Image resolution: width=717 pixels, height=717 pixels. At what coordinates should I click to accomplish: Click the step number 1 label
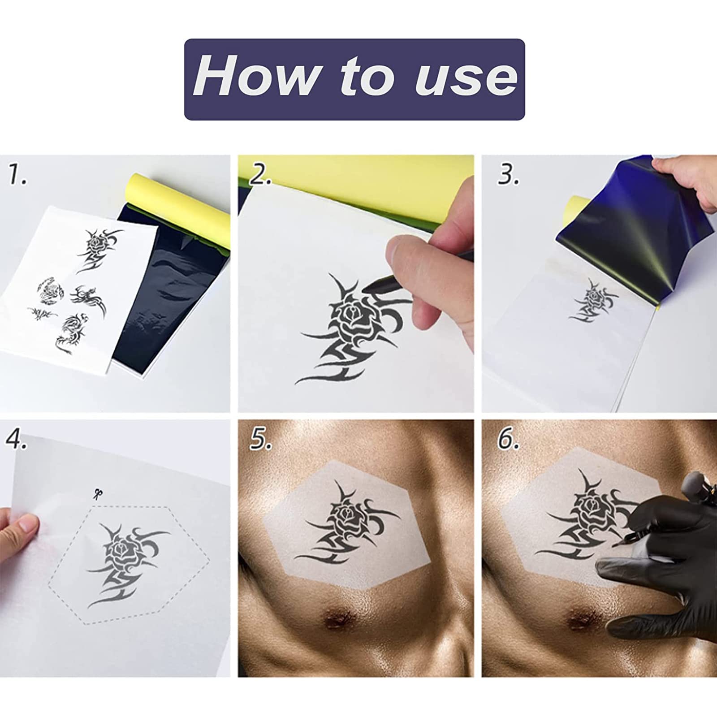click(17, 175)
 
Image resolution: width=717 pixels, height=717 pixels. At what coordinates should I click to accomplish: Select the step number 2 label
click(260, 175)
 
